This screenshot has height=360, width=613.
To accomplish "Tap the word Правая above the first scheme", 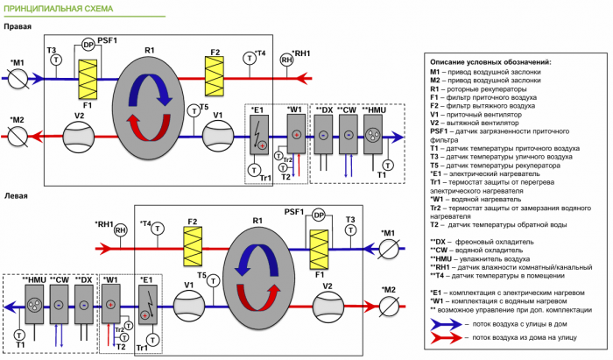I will pos(18,27).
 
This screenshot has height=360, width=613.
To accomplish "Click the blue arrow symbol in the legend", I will pos(445,323).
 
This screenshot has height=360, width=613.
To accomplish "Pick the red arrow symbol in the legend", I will pos(445,336).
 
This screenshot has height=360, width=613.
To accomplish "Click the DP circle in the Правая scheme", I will pos(88,44).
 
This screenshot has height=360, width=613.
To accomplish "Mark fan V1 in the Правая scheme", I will pos(218,137).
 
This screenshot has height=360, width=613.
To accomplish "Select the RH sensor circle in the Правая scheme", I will pos(286,60).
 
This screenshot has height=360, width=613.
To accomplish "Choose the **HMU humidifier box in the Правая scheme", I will pos(373,135).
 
